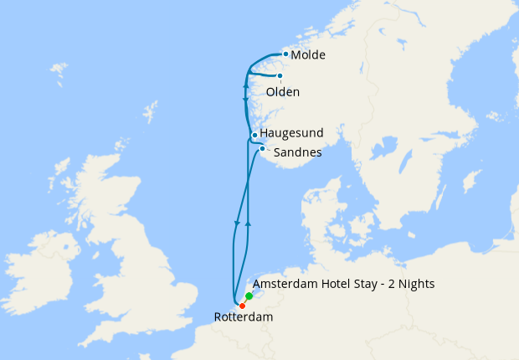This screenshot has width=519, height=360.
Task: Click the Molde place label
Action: (x=307, y=55)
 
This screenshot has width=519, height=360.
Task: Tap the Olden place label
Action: (x=282, y=92)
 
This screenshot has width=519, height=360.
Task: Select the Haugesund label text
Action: (x=291, y=133)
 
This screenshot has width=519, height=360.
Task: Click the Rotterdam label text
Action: (x=244, y=318)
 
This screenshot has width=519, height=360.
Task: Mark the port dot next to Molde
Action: (x=285, y=54)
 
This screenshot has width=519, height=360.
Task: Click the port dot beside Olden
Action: (x=280, y=75)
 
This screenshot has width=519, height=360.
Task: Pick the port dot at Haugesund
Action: (x=254, y=135)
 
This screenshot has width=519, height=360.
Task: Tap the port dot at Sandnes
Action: (x=262, y=149)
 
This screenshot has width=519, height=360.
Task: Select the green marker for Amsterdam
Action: (x=249, y=296)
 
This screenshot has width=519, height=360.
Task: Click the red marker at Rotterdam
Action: (x=242, y=306)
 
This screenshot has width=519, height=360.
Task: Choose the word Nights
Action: (x=416, y=284)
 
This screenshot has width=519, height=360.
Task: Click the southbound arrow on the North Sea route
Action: (x=238, y=222)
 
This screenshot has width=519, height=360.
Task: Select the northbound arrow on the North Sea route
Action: (x=249, y=226)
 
